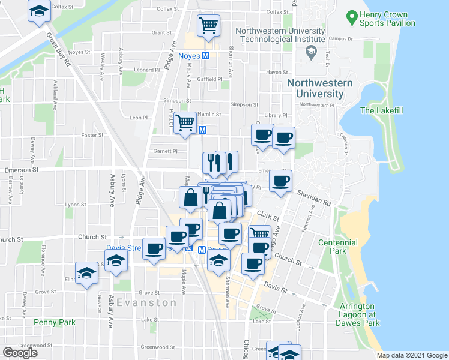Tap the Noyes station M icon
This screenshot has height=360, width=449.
(x=205, y=56)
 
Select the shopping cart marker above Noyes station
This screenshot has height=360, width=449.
(x=208, y=26)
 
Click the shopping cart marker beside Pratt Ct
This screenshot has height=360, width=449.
(x=186, y=122)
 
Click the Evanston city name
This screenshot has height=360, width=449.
(x=147, y=302)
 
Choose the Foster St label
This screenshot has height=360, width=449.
(x=92, y=135)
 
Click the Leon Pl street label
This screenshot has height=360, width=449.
(x=138, y=118)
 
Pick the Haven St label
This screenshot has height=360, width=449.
(x=277, y=72)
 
